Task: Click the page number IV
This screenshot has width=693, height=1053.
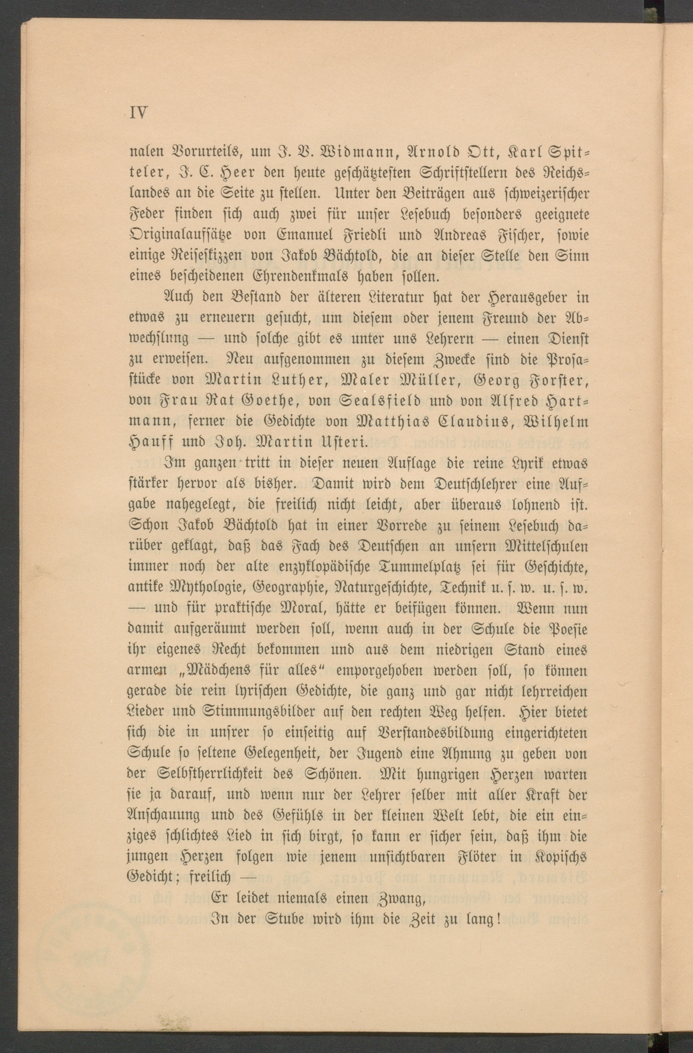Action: [x=139, y=113]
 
